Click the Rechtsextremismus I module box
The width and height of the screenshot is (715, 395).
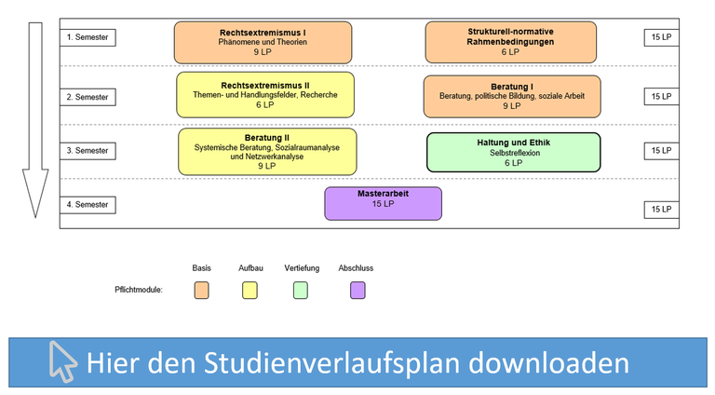(263, 43)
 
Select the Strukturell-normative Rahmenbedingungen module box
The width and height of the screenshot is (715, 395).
(511, 42)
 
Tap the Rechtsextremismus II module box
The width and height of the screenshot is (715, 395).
(265, 95)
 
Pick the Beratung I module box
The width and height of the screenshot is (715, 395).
(512, 97)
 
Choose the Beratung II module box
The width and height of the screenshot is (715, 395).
(267, 152)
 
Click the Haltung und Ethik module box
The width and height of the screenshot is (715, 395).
(514, 153)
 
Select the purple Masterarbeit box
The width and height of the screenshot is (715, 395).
(383, 203)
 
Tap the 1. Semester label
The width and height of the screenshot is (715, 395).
(88, 37)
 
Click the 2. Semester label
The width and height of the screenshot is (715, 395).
(88, 97)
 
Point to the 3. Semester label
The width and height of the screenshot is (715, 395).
(88, 151)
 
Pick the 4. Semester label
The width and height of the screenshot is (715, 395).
(88, 205)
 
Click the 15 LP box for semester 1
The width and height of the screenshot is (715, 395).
(661, 37)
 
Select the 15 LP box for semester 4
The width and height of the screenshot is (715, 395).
(661, 210)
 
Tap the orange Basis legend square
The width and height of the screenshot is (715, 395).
(201, 290)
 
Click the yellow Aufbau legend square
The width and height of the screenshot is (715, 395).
(250, 290)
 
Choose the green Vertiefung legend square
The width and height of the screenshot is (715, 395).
(301, 290)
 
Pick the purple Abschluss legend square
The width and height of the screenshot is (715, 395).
(357, 290)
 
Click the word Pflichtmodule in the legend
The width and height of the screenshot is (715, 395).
(139, 290)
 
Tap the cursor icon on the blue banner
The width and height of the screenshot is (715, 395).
(62, 361)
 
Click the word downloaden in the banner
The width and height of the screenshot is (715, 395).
(548, 362)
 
